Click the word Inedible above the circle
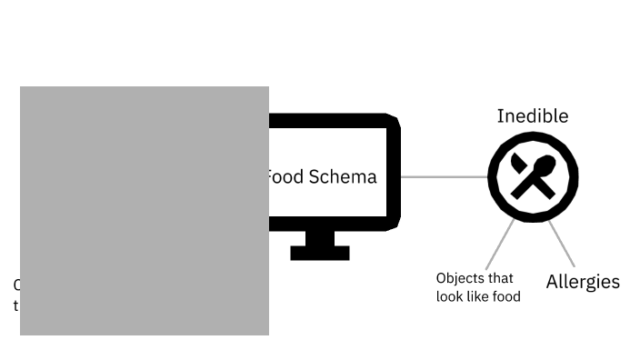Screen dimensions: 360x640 coord(533,116)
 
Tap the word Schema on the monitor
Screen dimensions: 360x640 coord(343,176)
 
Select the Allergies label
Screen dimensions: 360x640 coord(583,282)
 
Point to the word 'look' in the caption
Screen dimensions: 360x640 coord(451,296)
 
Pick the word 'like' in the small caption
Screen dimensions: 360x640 coord(479,296)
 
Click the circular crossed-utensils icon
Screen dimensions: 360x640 coord(533,176)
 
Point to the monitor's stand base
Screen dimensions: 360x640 coord(320,253)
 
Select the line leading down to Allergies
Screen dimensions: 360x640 coord(561,244)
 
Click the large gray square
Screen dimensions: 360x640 coord(145,211)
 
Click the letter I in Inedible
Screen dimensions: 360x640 coord(500,116)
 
